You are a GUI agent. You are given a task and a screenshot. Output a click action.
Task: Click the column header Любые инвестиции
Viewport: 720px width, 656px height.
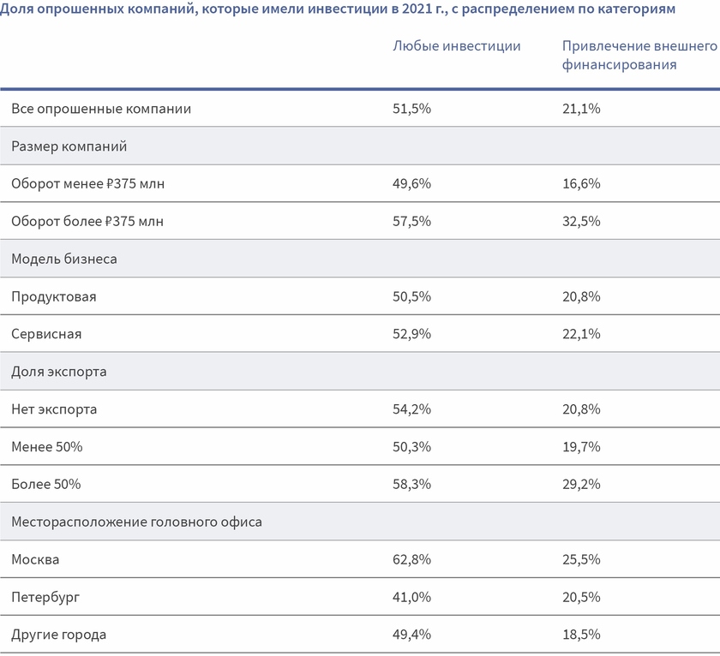click(456, 46)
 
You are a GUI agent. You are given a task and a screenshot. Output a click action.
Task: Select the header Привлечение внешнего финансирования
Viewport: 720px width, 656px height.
click(639, 55)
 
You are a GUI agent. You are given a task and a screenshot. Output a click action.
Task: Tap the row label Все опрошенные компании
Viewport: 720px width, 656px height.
click(101, 109)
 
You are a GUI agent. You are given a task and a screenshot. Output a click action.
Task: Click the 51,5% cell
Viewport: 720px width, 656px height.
click(411, 109)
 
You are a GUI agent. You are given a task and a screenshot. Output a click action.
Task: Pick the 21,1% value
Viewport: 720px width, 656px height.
click(581, 109)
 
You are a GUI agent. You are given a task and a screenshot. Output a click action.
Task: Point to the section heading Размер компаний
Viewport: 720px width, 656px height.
click(69, 146)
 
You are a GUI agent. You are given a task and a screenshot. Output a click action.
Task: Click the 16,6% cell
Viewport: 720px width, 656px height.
click(581, 184)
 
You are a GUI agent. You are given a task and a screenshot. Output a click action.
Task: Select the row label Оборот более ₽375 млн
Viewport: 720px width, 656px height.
click(87, 222)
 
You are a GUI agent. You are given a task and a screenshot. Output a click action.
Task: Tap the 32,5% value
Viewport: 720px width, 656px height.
click(581, 222)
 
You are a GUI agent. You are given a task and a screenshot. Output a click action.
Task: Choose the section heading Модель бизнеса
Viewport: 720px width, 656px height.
click(64, 259)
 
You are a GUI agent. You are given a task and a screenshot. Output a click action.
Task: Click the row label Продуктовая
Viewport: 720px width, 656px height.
click(54, 296)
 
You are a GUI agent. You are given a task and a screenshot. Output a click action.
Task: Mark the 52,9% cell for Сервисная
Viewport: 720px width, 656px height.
click(411, 334)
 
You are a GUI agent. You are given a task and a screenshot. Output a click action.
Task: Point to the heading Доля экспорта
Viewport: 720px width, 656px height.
click(58, 372)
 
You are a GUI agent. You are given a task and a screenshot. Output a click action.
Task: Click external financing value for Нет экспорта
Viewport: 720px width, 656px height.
click(581, 409)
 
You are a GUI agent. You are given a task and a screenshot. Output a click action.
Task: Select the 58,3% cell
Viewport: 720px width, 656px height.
click(411, 485)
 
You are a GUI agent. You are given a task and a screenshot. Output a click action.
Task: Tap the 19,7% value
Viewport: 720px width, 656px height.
click(581, 447)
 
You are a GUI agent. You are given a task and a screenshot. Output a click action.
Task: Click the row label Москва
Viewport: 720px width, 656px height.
click(35, 560)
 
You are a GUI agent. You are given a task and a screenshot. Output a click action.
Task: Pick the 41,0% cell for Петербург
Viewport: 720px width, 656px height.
click(411, 598)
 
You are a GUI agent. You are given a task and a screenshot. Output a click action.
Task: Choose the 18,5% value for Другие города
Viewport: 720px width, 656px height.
click(581, 635)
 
